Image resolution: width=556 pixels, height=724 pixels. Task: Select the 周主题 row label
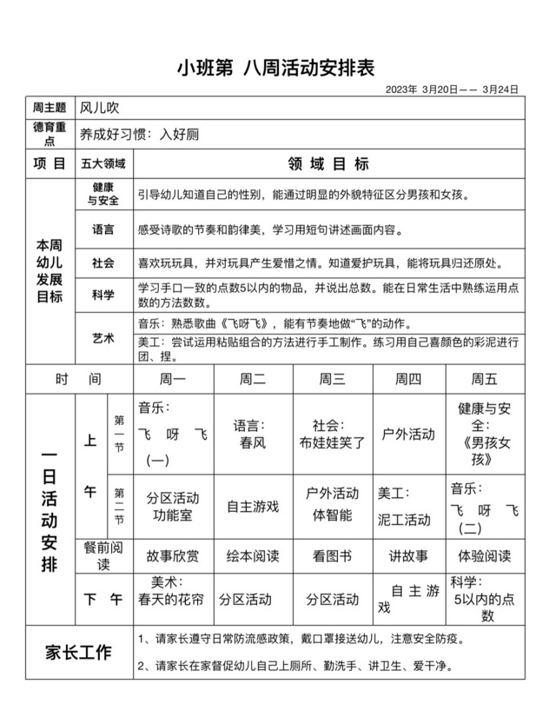(x=49, y=109)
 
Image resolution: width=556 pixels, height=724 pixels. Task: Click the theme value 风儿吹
(x=97, y=109)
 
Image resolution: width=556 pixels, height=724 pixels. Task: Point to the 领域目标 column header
(x=328, y=163)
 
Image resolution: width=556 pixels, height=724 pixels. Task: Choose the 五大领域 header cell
(x=103, y=163)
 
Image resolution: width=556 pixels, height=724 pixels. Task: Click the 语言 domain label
(x=103, y=229)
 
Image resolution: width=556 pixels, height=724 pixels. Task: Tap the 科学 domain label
(x=103, y=296)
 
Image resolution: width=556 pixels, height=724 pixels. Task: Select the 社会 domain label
(x=103, y=262)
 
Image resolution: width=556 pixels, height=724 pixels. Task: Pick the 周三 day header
(x=333, y=379)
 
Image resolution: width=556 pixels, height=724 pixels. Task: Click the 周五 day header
(x=485, y=379)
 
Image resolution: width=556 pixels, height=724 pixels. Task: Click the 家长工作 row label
(x=78, y=652)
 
